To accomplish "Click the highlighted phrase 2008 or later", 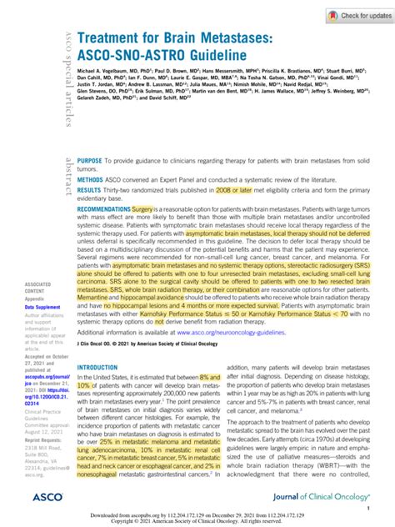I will [x=227, y=191].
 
